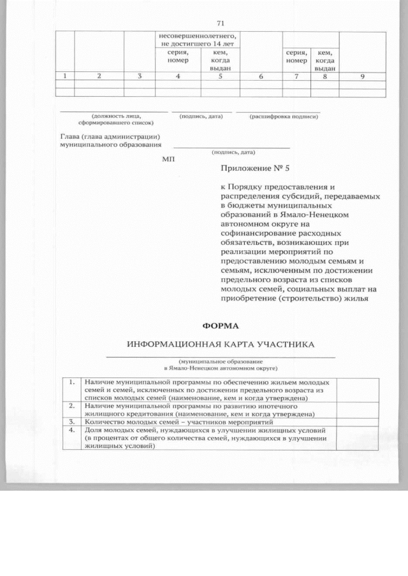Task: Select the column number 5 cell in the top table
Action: pos(220,77)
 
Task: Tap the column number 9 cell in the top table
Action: pos(362,77)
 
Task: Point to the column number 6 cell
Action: pos(260,77)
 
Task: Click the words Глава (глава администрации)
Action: pos(109,137)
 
